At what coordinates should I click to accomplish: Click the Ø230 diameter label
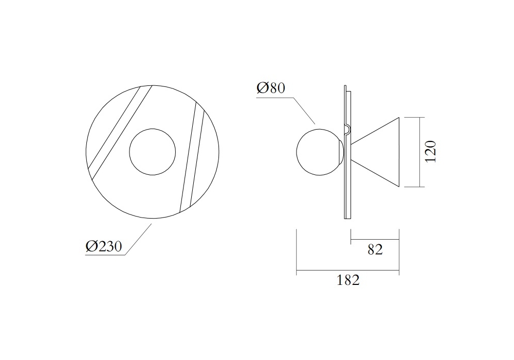pos(104,246)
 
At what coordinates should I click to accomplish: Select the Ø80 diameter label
pos(271,88)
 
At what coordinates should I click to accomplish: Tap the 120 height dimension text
pos(430,151)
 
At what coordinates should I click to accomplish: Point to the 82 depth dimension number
pos(375,249)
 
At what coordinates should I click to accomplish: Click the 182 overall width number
pos(348,280)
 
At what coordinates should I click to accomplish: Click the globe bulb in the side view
pos(297,152)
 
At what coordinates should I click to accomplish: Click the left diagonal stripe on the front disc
pos(120,133)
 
